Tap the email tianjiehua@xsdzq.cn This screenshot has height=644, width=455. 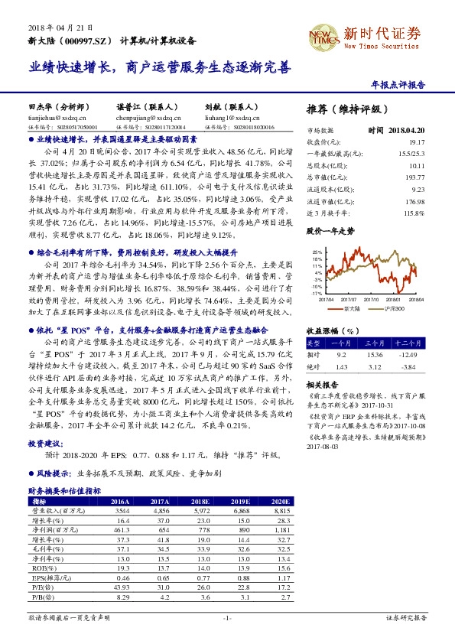pyautogui.click(x=51, y=119)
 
